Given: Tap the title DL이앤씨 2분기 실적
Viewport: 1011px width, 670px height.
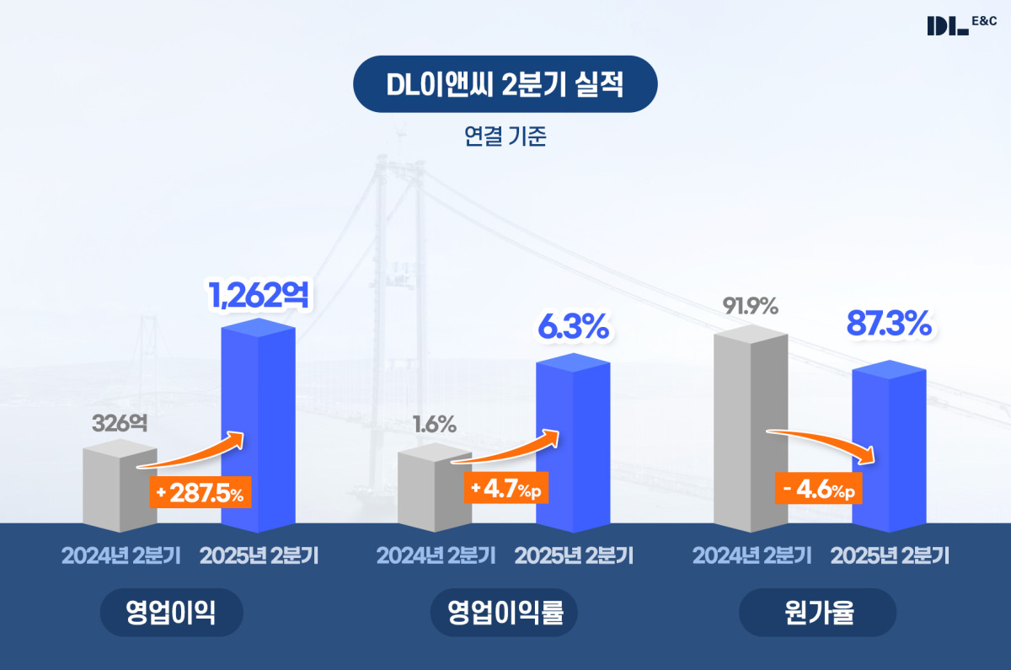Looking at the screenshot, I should pos(505,84).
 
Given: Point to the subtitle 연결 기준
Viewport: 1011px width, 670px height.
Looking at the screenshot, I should pos(505,137).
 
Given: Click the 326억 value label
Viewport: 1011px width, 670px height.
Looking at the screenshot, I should pos(120,424).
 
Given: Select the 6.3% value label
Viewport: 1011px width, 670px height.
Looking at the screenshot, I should pos(573,327).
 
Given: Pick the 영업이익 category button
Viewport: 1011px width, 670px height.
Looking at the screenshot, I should pos(171,613).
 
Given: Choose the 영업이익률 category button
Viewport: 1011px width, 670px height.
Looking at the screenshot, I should pos(504,613).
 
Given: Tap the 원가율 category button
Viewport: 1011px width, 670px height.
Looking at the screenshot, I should pos(817,613).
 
